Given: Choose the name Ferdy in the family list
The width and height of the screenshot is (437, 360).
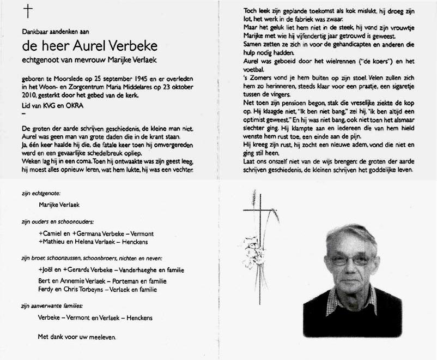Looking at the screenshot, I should point(46,289).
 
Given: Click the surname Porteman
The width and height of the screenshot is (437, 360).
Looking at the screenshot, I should point(122,281).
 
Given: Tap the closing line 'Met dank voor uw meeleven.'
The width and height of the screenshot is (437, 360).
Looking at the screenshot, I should point(76,337).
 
